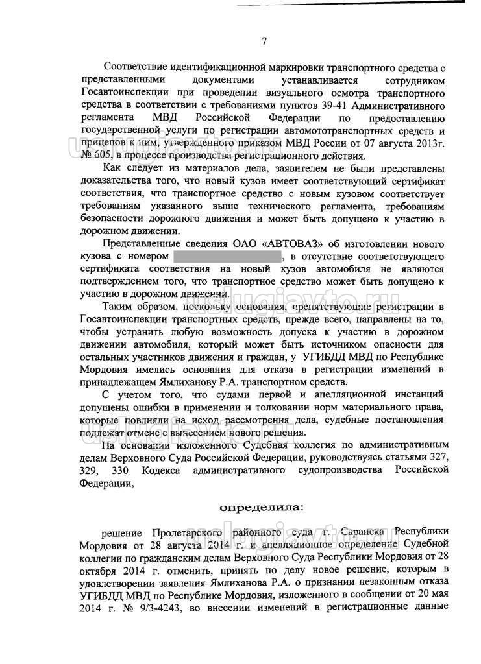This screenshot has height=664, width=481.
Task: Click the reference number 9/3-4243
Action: tap(162, 608)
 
